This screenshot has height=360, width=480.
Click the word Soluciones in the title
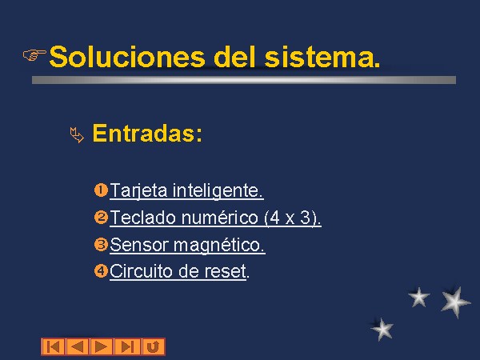pos(126,57)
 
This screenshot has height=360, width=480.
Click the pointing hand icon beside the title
pos(34,54)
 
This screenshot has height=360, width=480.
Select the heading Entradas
pos(147,133)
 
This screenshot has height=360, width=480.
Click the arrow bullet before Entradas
pos(77,135)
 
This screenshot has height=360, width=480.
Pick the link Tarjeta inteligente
pos(186,191)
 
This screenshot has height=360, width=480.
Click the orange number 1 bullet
pos(101,190)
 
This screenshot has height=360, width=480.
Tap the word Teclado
pos(143,218)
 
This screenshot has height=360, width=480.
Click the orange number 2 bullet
pos(101,218)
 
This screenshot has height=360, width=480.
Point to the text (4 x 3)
pos(292,218)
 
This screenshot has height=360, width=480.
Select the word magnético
pos(219,246)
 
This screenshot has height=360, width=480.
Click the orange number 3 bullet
pos(101,245)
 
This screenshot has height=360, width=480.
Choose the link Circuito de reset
pos(179,271)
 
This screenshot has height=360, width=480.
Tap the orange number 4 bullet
pos(101,271)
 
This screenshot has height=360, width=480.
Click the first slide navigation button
pos(54,347)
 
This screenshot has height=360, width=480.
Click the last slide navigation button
pos(128,347)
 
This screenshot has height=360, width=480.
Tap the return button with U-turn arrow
pos(154,347)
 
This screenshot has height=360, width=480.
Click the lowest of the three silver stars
pos(382,329)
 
